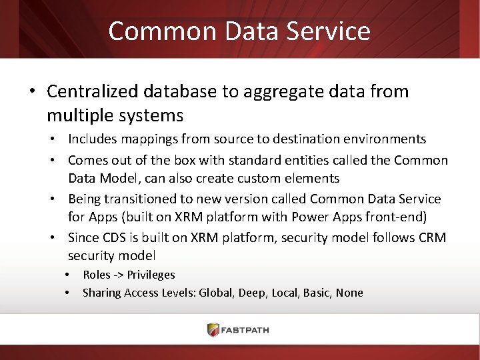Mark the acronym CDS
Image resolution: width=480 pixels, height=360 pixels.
click(x=112, y=237)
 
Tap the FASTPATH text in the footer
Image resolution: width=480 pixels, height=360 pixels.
click(x=249, y=330)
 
